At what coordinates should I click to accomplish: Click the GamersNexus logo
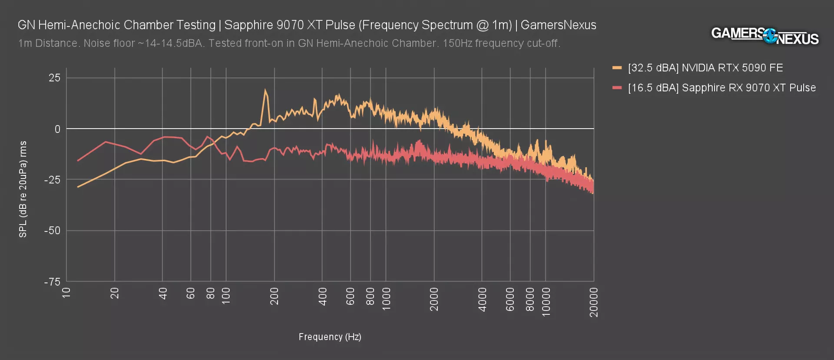point(764,36)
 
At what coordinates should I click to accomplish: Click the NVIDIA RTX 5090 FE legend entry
point(705,68)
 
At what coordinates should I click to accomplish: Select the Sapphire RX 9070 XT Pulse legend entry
point(721,88)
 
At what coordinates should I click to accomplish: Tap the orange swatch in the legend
point(617,68)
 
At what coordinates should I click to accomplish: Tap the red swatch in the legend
point(617,88)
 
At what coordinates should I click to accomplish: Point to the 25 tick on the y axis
point(55,78)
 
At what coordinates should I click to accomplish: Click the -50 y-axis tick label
point(53,231)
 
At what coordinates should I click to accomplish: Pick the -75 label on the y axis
point(53,282)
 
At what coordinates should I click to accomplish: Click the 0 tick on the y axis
point(57,129)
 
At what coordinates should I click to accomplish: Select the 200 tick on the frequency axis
point(275,296)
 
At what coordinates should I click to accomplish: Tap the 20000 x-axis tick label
point(594,302)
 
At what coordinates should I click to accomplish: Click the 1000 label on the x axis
point(386,299)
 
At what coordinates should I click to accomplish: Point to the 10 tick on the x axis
point(66,292)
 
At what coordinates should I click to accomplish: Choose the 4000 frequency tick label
point(482,299)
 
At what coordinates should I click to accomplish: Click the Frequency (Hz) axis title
point(330,337)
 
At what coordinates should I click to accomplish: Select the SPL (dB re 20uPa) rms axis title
point(23,189)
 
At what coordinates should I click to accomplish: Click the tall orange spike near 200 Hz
point(265,91)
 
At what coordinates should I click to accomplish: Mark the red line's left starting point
point(78,161)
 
